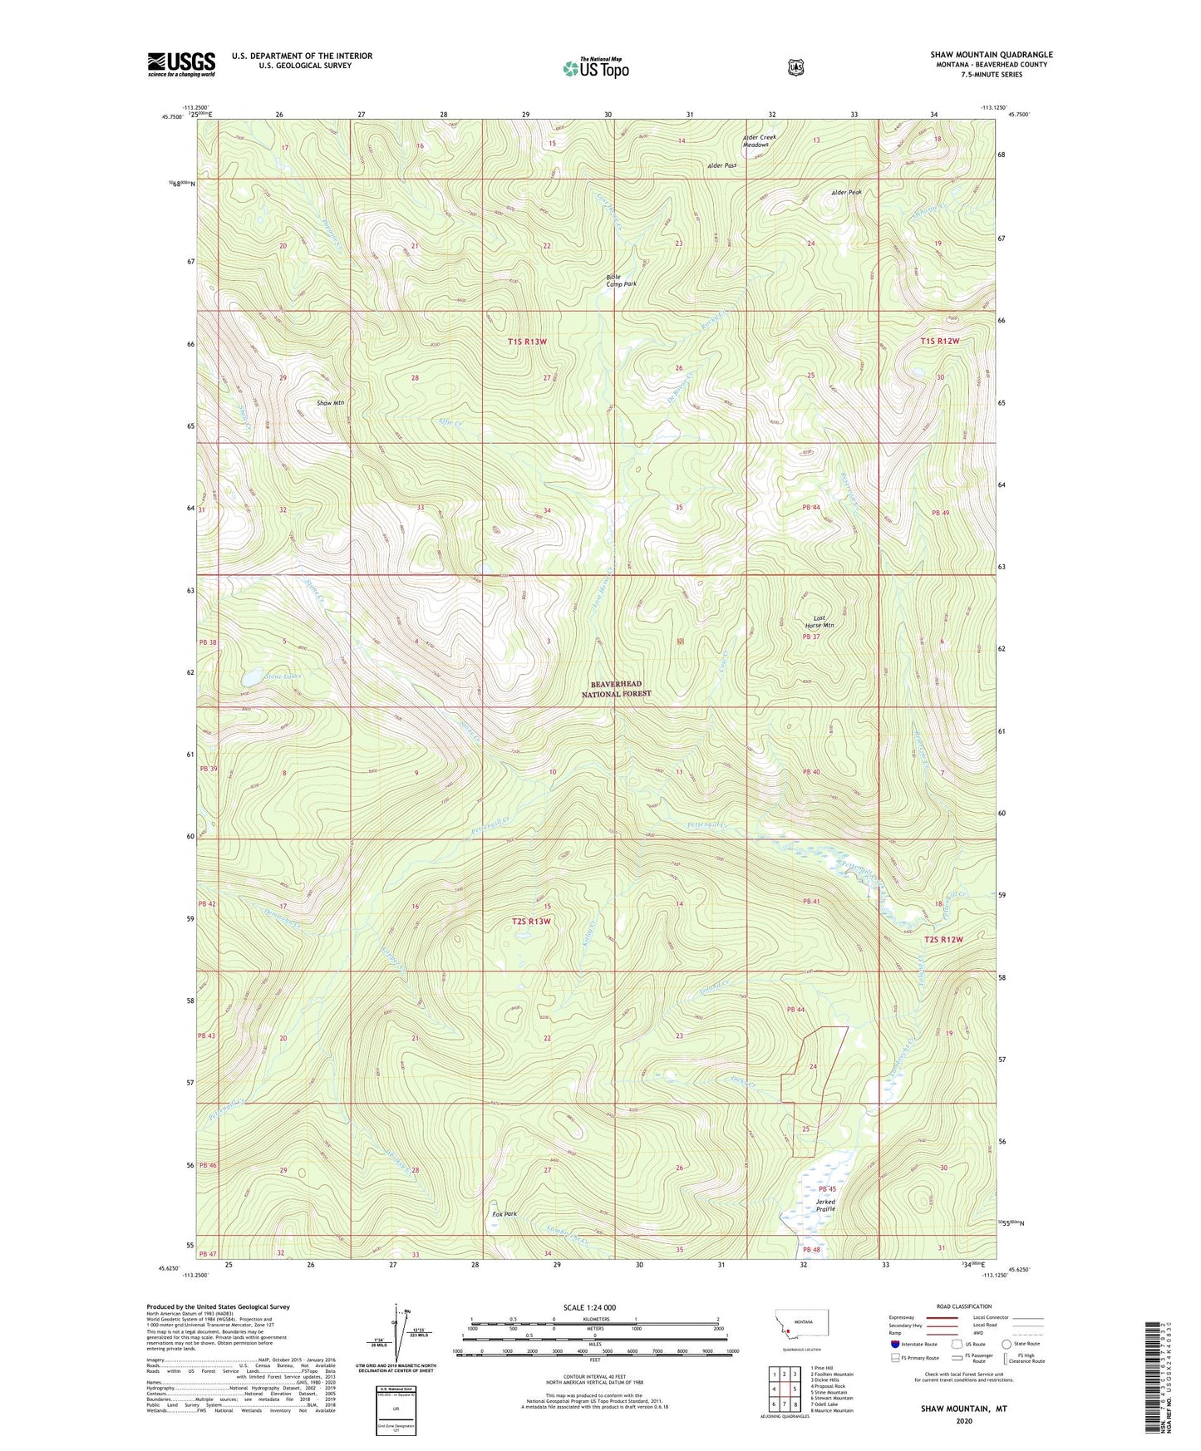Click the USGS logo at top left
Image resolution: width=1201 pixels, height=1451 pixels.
181,64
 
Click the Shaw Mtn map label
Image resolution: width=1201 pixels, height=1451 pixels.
331,403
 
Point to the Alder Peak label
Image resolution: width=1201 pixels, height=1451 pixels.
846,193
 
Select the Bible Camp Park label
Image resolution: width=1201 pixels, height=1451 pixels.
621,280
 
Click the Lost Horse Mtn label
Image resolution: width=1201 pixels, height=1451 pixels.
819,622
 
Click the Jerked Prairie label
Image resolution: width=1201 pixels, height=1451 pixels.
824,1205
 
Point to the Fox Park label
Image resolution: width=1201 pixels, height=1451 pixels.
504,1214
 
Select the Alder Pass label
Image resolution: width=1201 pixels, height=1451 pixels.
721,165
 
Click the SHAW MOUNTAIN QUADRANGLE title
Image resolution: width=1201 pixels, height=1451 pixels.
991,55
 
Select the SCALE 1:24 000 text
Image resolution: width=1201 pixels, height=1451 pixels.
589,1307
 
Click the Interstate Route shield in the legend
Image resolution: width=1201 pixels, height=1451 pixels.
894,1344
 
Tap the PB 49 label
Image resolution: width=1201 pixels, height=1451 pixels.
940,513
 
